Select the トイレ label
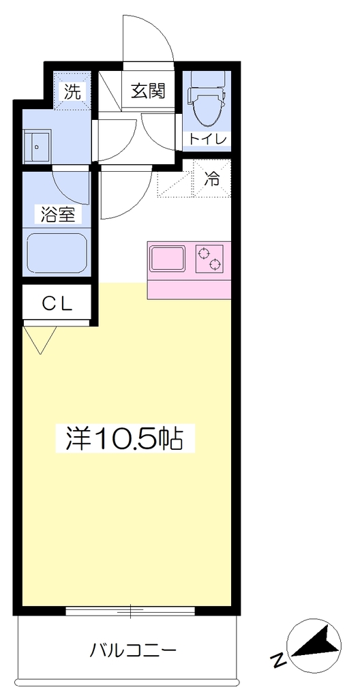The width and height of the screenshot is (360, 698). [x=208, y=139]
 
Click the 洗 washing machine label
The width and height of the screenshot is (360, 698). [x=72, y=91]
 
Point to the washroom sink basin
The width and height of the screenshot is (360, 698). [x=38, y=146]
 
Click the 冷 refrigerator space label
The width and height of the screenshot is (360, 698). [x=212, y=179]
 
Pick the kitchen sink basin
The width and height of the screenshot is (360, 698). [x=168, y=258]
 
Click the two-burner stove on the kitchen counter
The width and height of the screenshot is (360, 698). [x=209, y=258]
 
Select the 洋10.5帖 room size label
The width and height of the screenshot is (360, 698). [x=125, y=438]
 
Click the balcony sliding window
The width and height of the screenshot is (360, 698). [x=130, y=610]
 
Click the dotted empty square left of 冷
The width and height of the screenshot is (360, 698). [x=175, y=179]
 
